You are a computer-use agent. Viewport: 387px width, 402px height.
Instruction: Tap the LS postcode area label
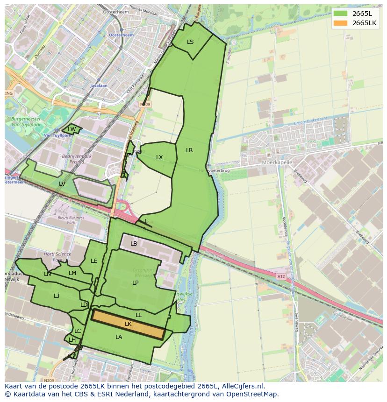[190, 42]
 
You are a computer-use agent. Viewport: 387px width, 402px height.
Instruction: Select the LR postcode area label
[189, 150]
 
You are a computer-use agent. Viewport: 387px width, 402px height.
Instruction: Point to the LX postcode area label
[159, 157]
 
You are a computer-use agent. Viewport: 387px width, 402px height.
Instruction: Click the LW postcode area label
[72, 129]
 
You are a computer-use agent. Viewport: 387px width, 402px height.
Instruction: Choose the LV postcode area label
[62, 184]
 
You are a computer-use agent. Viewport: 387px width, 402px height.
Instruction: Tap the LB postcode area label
[134, 244]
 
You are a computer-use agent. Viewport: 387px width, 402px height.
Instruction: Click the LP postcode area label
[135, 283]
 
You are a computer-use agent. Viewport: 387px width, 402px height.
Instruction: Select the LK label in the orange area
[128, 324]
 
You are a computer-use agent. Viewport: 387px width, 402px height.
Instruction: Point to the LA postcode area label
[119, 337]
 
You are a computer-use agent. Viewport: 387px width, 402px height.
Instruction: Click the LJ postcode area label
[57, 296]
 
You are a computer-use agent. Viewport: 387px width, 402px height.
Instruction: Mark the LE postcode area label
[94, 261]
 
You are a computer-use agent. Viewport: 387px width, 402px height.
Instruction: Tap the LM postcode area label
[72, 273]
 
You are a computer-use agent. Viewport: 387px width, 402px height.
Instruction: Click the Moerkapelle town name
[277, 162]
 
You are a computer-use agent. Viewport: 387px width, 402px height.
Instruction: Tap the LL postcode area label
[138, 316]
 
